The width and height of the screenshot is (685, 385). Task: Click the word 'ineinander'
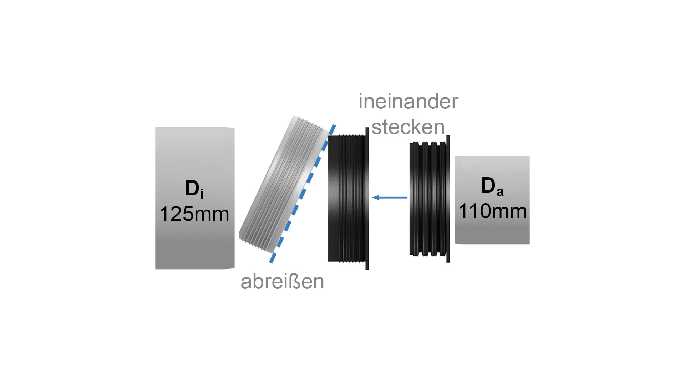[x=408, y=102]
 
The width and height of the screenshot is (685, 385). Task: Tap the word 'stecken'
[x=408, y=127]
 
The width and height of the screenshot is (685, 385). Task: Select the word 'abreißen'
[x=282, y=281]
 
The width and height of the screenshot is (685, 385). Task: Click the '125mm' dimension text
[x=194, y=214]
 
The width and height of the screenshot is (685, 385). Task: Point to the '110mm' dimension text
[x=492, y=211]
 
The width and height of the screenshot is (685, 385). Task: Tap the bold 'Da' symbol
[x=492, y=186]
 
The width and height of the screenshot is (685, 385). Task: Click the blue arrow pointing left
[x=389, y=197]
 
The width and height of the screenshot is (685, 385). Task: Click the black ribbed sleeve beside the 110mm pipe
[x=430, y=199]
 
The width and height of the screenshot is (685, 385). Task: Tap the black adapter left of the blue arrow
[x=349, y=199]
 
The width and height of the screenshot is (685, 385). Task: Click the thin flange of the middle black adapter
[x=367, y=199]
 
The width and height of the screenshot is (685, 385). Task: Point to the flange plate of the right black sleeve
[x=448, y=199]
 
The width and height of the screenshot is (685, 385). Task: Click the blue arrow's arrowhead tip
[x=372, y=197]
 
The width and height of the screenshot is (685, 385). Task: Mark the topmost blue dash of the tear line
[x=333, y=129]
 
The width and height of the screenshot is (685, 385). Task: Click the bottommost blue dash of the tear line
[x=273, y=258]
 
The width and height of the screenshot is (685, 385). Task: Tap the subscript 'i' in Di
[x=202, y=194]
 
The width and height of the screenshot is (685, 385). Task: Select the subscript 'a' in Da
[x=500, y=192]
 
